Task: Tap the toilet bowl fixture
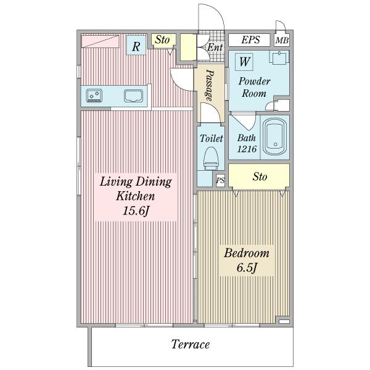[x=211, y=158]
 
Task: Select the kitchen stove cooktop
[x=94, y=96]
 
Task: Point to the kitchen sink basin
[x=133, y=96]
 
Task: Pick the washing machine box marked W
[x=244, y=62]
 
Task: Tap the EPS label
[x=250, y=40]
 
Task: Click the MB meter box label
[x=282, y=41]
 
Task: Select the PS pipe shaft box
[x=220, y=181]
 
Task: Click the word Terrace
[x=190, y=344]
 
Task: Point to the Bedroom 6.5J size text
[x=246, y=268]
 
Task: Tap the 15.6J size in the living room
[x=136, y=210]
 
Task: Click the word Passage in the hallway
[x=210, y=86]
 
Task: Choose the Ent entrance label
[x=215, y=47]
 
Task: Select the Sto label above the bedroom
[x=260, y=176]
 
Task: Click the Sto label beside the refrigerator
[x=162, y=39]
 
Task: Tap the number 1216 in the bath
[x=247, y=149]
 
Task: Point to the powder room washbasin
[x=279, y=57]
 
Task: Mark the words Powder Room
[x=254, y=87]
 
